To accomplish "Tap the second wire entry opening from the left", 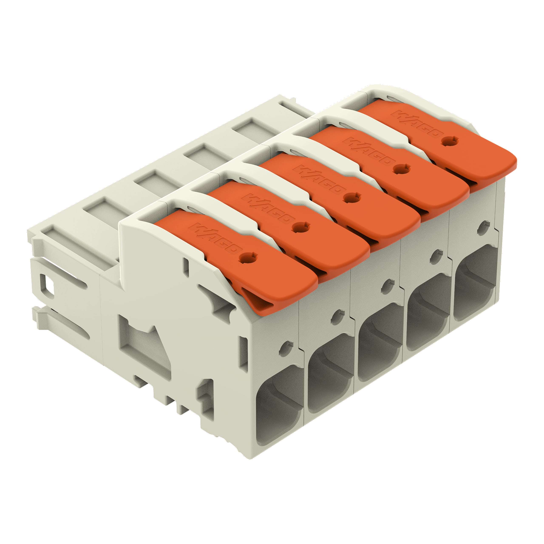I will click(x=329, y=383).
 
